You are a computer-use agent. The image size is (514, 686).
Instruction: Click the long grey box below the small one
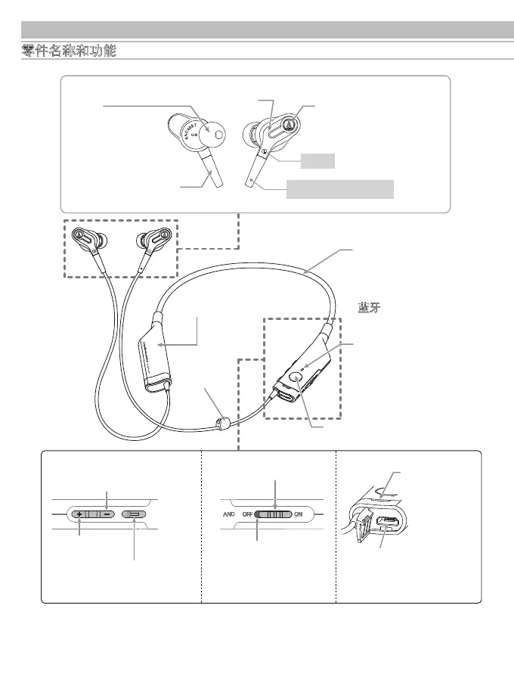click(x=340, y=189)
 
